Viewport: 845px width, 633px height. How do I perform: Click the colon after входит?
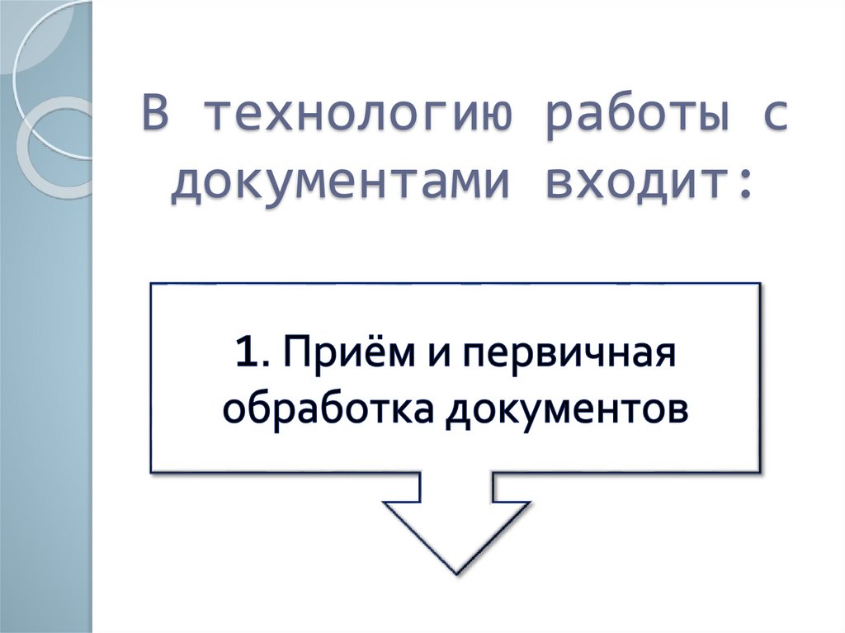pos(745,183)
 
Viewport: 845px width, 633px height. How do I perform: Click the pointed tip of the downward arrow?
pos(455,571)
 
